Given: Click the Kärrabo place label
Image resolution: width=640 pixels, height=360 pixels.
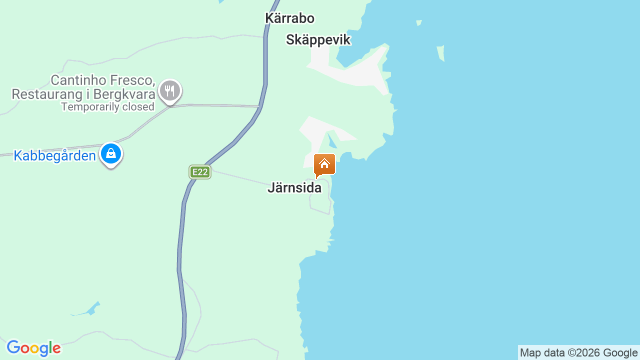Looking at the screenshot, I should [x=289, y=18].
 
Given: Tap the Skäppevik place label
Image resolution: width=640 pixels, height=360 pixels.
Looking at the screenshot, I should [x=318, y=40].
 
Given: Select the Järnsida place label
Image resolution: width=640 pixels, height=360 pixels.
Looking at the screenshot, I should [x=294, y=188].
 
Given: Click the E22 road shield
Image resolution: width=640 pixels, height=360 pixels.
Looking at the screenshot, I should [x=199, y=172].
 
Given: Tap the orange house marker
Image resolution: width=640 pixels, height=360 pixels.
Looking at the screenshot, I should [x=324, y=164].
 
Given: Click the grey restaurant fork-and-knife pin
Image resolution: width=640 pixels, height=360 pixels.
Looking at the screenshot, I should [x=170, y=91].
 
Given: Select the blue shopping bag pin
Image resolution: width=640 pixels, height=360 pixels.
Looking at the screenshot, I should [x=111, y=154].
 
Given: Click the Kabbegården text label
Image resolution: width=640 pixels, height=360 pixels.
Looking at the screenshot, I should [x=54, y=156].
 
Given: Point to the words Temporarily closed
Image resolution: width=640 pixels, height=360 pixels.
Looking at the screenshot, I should [x=107, y=106].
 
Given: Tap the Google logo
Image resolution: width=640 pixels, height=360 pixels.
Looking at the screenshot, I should [x=33, y=348].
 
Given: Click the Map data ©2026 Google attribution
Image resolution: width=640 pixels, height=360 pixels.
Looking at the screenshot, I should [x=578, y=352].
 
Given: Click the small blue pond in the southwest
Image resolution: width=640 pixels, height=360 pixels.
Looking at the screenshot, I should [x=91, y=309].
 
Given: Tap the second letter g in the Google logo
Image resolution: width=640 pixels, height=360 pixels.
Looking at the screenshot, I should [x=44, y=348].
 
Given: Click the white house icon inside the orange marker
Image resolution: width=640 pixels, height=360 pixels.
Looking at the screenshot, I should [x=324, y=163].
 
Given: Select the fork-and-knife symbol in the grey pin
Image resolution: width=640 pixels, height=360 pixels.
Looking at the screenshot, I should [x=170, y=91].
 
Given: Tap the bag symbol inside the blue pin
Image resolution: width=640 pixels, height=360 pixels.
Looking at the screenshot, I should [x=111, y=153].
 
